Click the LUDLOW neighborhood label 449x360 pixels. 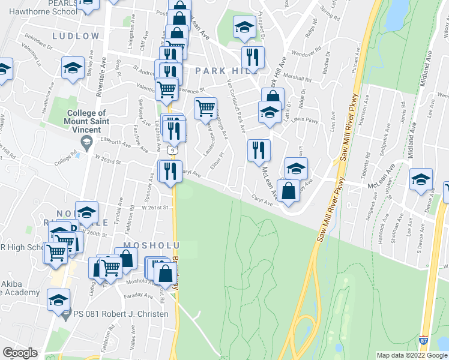coord(76,36)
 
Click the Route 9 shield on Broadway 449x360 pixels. coord(172,149)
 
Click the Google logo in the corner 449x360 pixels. coord(20,353)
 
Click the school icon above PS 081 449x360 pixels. coord(59,299)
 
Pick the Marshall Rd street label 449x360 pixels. coord(298,79)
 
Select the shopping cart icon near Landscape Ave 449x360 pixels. coord(205,108)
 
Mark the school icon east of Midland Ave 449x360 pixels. coord(421,179)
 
